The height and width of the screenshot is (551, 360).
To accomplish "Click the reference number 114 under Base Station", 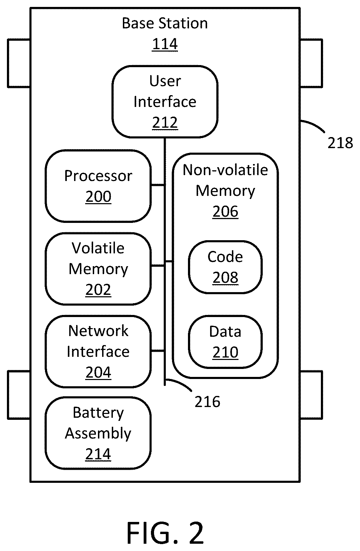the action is point(165,44).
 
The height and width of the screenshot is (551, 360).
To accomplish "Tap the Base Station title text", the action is point(165,24).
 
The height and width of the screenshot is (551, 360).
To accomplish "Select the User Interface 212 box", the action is point(165,102).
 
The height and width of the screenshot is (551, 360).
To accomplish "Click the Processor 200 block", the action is point(98,186).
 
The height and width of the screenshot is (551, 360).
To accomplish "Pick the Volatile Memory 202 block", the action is point(98,269).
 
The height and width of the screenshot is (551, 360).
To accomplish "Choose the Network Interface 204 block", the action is point(98,352).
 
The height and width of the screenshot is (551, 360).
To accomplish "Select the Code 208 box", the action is point(225,267).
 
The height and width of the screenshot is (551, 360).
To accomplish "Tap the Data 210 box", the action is point(225,342).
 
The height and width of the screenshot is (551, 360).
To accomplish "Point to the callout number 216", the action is point(207,402).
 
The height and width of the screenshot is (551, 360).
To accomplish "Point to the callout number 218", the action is point(340,143).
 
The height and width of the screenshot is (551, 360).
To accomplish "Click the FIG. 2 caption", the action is point(165,533).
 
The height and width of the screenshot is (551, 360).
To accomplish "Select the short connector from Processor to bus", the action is point(158,185).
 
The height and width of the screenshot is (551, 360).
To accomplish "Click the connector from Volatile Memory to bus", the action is point(158,266).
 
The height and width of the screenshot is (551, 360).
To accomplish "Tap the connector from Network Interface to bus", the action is point(158,351).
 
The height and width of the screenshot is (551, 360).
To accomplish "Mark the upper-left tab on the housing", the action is point(19,63).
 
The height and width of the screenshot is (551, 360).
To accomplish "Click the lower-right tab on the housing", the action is point(311,395).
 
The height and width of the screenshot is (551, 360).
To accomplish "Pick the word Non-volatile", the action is point(225,170).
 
